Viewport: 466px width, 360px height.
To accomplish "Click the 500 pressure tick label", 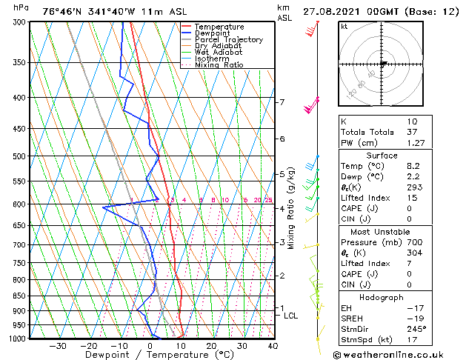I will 19,156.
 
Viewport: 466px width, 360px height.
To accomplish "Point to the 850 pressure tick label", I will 19,296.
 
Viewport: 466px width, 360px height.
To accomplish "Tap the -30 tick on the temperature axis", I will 57,346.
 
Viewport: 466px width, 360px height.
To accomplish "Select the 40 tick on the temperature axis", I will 273,346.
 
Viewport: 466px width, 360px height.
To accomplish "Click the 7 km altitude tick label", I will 282,102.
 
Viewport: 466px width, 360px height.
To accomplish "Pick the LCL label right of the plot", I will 291,316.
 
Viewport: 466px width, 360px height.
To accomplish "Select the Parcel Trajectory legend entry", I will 228,40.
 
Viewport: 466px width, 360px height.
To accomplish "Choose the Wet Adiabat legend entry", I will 218,53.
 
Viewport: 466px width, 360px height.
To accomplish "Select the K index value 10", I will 412,121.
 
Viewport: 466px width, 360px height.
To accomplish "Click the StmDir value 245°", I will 416,329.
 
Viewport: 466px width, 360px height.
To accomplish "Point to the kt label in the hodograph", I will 344,26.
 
